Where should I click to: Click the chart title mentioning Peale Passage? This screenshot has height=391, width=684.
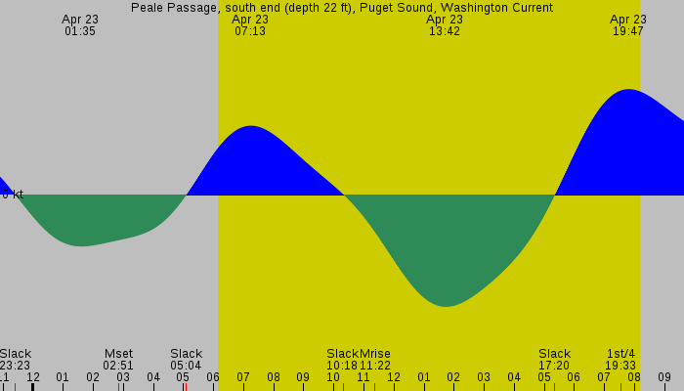point(342,8)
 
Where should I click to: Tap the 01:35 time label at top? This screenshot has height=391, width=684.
point(80,25)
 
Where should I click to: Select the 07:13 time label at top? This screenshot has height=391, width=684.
point(250,25)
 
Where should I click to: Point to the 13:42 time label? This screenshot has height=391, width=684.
point(445,25)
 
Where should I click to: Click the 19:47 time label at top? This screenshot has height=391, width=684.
point(628,25)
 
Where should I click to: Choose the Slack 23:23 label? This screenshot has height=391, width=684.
point(16,360)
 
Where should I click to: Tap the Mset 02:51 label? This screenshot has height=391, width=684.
point(118,360)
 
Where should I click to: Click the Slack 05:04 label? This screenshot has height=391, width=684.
point(186,360)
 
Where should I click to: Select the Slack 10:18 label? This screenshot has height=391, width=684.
point(342,360)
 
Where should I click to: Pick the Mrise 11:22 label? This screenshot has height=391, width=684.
point(375,360)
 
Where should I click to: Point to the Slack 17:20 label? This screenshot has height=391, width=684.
point(554,360)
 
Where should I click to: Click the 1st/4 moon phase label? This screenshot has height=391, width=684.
point(620,360)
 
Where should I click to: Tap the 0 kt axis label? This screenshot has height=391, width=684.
point(12,195)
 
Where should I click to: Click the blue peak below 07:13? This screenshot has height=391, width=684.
point(251,127)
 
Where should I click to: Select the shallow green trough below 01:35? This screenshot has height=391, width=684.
point(82,245)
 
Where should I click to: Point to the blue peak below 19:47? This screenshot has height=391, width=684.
point(627,90)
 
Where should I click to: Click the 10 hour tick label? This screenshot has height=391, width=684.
point(333,377)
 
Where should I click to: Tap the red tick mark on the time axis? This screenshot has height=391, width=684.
point(185,386)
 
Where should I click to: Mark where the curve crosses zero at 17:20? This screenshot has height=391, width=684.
point(555,195)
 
